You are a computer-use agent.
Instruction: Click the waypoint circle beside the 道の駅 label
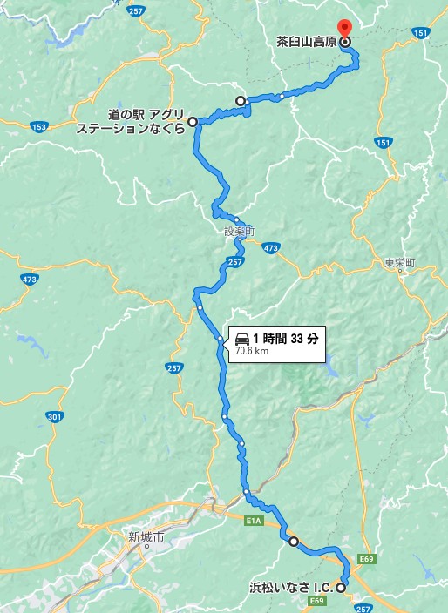[x=193, y=122]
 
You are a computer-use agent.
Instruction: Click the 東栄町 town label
[x=399, y=262]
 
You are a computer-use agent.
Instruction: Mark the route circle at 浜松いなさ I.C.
[x=340, y=588]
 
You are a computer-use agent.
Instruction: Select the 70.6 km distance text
[x=252, y=352]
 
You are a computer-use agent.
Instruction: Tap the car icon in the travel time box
[x=242, y=338]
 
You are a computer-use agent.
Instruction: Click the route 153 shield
[x=38, y=127]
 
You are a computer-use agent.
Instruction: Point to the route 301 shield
[x=55, y=418]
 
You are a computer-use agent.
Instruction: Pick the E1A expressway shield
[x=253, y=521]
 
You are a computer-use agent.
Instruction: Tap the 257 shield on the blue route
[x=234, y=261]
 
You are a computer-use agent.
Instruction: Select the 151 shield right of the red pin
[x=422, y=32]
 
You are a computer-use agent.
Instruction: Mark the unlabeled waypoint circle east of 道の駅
[x=241, y=100]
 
